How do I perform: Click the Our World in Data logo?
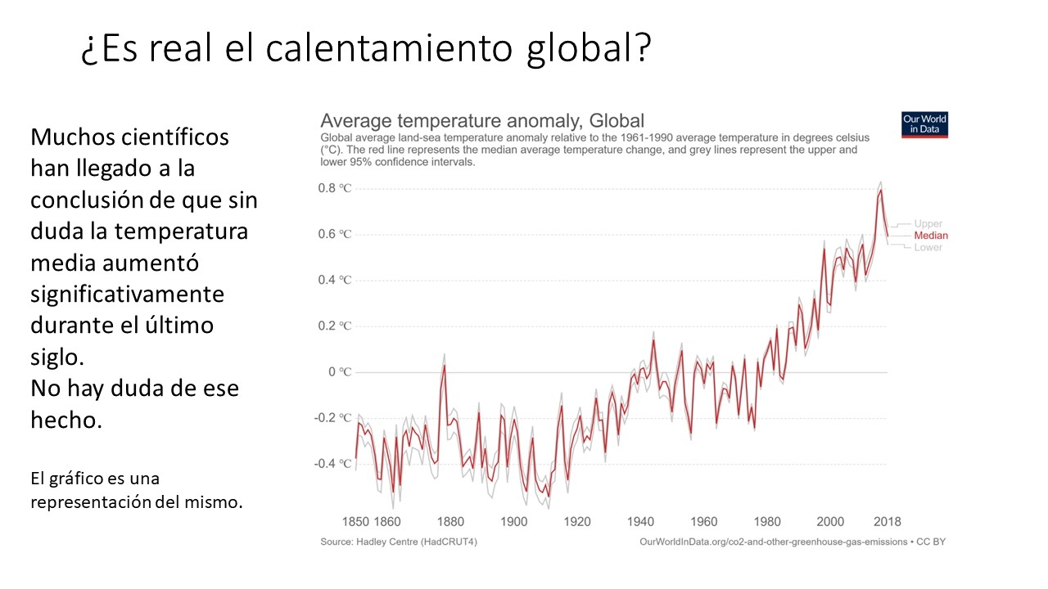[x=924, y=125]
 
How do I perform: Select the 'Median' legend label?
[x=931, y=236]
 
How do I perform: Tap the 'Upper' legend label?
[x=928, y=224]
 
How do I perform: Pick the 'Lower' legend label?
[x=928, y=247]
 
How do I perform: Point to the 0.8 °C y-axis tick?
[x=335, y=188]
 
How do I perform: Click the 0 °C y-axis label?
[x=340, y=372]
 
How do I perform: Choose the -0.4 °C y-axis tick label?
[x=332, y=464]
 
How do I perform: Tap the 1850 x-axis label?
[x=355, y=522]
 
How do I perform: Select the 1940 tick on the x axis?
[x=640, y=522]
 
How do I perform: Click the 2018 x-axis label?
[x=887, y=522]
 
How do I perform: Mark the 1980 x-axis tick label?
[x=767, y=522]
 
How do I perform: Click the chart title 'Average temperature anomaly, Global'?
[x=482, y=121]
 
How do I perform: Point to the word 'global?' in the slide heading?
[x=589, y=49]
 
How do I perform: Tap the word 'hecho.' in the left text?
[x=66, y=420]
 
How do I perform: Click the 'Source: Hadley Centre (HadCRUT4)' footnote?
[x=399, y=542]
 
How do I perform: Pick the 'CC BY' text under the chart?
[x=931, y=542]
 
